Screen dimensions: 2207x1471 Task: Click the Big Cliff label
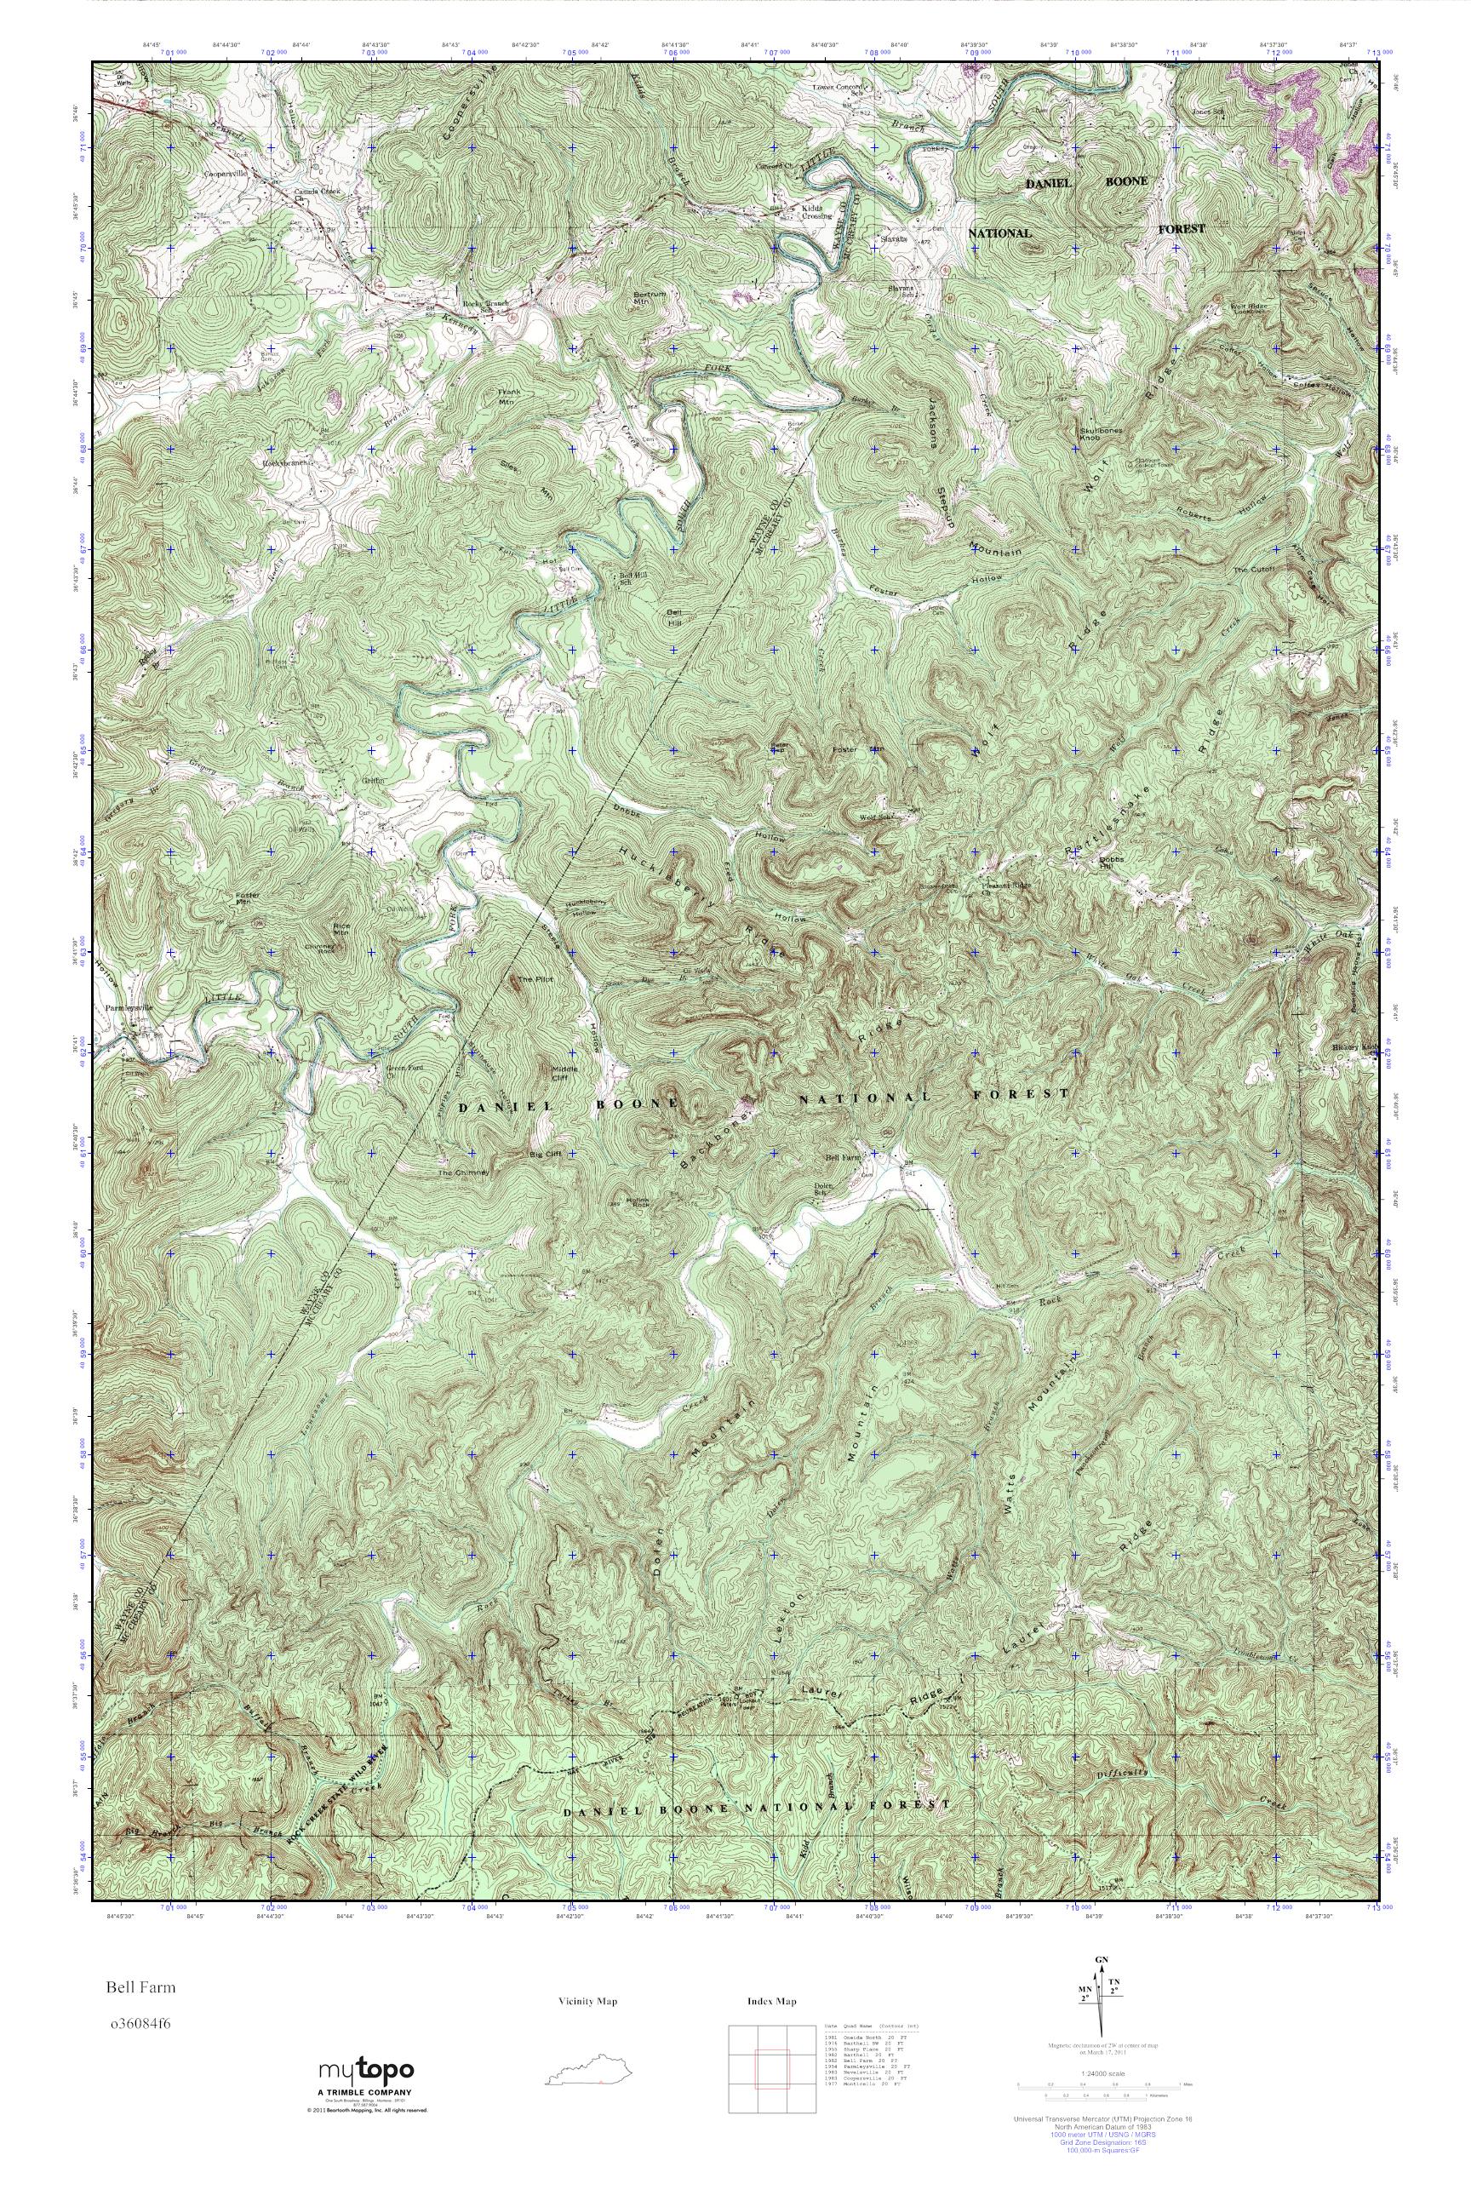[x=545, y=1155]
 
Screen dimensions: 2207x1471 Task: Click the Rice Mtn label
[x=341, y=929]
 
